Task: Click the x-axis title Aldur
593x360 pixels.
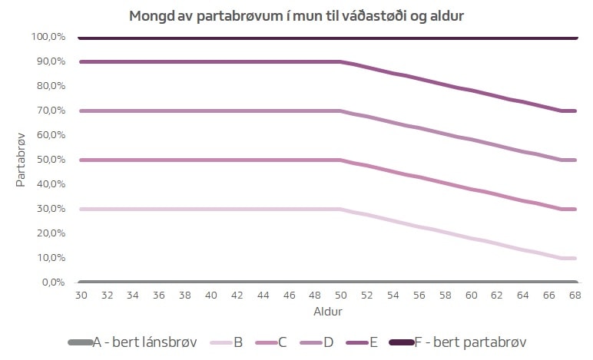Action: [x=328, y=312]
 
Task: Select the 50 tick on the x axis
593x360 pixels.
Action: [x=340, y=295]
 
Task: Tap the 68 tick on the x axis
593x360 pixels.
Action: [x=575, y=295]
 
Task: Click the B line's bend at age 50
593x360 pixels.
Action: [x=340, y=209]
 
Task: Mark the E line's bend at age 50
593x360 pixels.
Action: [x=340, y=61]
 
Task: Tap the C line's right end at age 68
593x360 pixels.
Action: [x=575, y=209]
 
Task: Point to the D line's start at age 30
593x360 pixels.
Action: [x=80, y=111]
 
